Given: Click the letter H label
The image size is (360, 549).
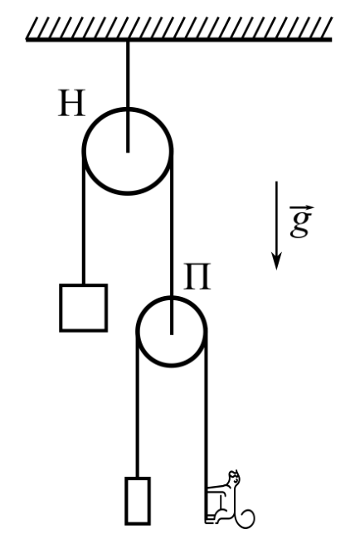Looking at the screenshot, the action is (x=71, y=103).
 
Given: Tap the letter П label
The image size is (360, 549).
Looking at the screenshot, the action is (x=197, y=277).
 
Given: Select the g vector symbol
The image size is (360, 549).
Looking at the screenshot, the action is (x=301, y=221).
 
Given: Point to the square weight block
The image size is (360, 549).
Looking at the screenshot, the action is (x=84, y=308).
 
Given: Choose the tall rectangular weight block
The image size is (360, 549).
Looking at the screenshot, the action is (x=138, y=501).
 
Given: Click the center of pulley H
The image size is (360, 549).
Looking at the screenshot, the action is (x=128, y=151).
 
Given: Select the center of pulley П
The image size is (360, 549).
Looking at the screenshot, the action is (x=172, y=332).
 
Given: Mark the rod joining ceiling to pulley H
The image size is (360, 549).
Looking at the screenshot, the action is (x=128, y=97).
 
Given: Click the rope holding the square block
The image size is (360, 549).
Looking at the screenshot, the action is (x=84, y=218).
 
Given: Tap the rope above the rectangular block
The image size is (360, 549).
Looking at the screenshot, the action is (x=138, y=405).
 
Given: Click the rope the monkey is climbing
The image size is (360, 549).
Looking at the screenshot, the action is (x=206, y=427).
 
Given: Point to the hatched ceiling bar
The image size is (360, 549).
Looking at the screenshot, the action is (x=179, y=29).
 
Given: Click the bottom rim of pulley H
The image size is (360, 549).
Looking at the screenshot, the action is (x=128, y=192).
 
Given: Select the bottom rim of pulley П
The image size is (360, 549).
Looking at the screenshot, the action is (x=172, y=365).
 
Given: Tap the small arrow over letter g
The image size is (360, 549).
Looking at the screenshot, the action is (x=302, y=208).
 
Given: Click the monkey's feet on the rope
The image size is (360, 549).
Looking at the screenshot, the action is (x=212, y=518).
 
